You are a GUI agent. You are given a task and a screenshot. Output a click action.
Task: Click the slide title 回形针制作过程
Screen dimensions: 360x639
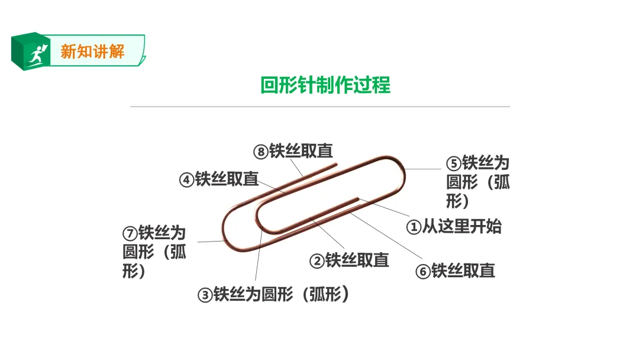325,85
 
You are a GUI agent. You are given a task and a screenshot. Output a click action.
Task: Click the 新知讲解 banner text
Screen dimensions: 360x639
92,52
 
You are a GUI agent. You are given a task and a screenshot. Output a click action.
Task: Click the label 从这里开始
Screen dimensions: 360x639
461,226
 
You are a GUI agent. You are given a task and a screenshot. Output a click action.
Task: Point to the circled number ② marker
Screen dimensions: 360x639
318,261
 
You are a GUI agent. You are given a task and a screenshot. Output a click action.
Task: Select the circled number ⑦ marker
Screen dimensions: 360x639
130,233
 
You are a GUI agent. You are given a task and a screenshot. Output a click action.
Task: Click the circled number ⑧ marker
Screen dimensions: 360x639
261,152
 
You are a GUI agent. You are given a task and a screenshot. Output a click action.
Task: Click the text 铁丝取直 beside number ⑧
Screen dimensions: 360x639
301,151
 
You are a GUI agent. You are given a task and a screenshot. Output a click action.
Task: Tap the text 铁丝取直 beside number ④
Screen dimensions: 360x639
227,179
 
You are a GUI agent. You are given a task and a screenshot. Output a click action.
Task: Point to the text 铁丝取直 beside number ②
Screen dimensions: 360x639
357,260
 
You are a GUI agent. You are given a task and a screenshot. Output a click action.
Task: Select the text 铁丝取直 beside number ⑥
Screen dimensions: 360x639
463,271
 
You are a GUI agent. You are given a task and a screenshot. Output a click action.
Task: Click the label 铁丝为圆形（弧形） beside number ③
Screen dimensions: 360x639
281,294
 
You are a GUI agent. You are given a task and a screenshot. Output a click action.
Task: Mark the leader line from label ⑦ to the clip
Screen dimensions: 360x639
210,241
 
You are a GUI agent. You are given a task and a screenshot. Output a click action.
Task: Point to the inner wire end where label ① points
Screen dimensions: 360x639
359,198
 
